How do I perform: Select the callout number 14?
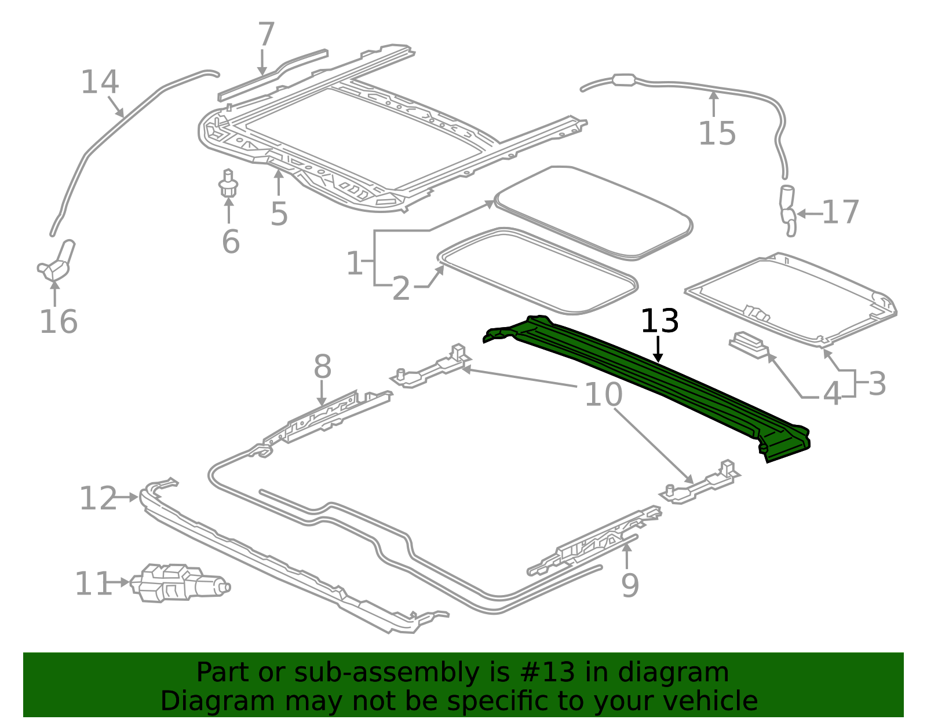pos(100,82)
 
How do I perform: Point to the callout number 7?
pos(265,35)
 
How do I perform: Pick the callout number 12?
pos(97,498)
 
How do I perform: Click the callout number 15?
pos(717,134)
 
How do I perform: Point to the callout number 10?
pos(603,394)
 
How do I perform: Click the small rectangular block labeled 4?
pos(749,344)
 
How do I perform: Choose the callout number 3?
pos(877,384)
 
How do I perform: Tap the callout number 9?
pos(630,585)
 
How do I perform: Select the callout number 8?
pos(322,367)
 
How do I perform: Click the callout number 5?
pos(279,214)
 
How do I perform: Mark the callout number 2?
pos(401,288)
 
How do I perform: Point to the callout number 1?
pos(355,264)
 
